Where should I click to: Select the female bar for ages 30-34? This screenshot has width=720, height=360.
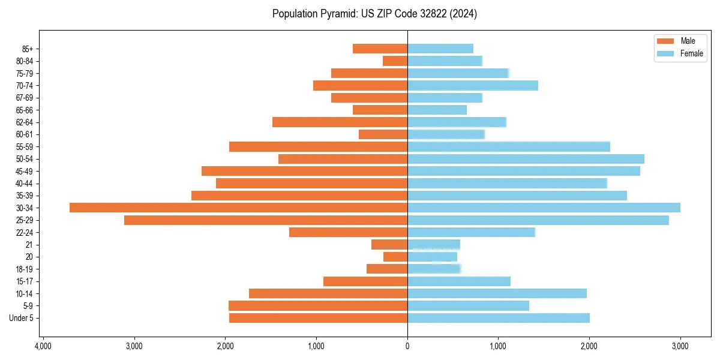click(544, 208)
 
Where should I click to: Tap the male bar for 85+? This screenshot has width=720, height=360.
click(380, 49)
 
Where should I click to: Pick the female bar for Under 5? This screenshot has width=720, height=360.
click(498, 318)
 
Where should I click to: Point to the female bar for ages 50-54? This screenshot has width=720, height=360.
click(526, 159)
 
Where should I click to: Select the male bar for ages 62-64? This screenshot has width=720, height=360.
click(340, 122)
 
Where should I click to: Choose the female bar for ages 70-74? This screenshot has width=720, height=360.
click(472, 85)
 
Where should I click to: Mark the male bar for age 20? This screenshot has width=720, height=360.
click(395, 257)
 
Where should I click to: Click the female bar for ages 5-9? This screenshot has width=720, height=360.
click(468, 306)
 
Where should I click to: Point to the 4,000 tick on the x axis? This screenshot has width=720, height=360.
click(43, 346)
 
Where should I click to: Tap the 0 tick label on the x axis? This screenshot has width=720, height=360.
click(407, 346)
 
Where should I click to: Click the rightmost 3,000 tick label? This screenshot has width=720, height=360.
click(680, 346)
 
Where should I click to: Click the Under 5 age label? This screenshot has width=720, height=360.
click(21, 318)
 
